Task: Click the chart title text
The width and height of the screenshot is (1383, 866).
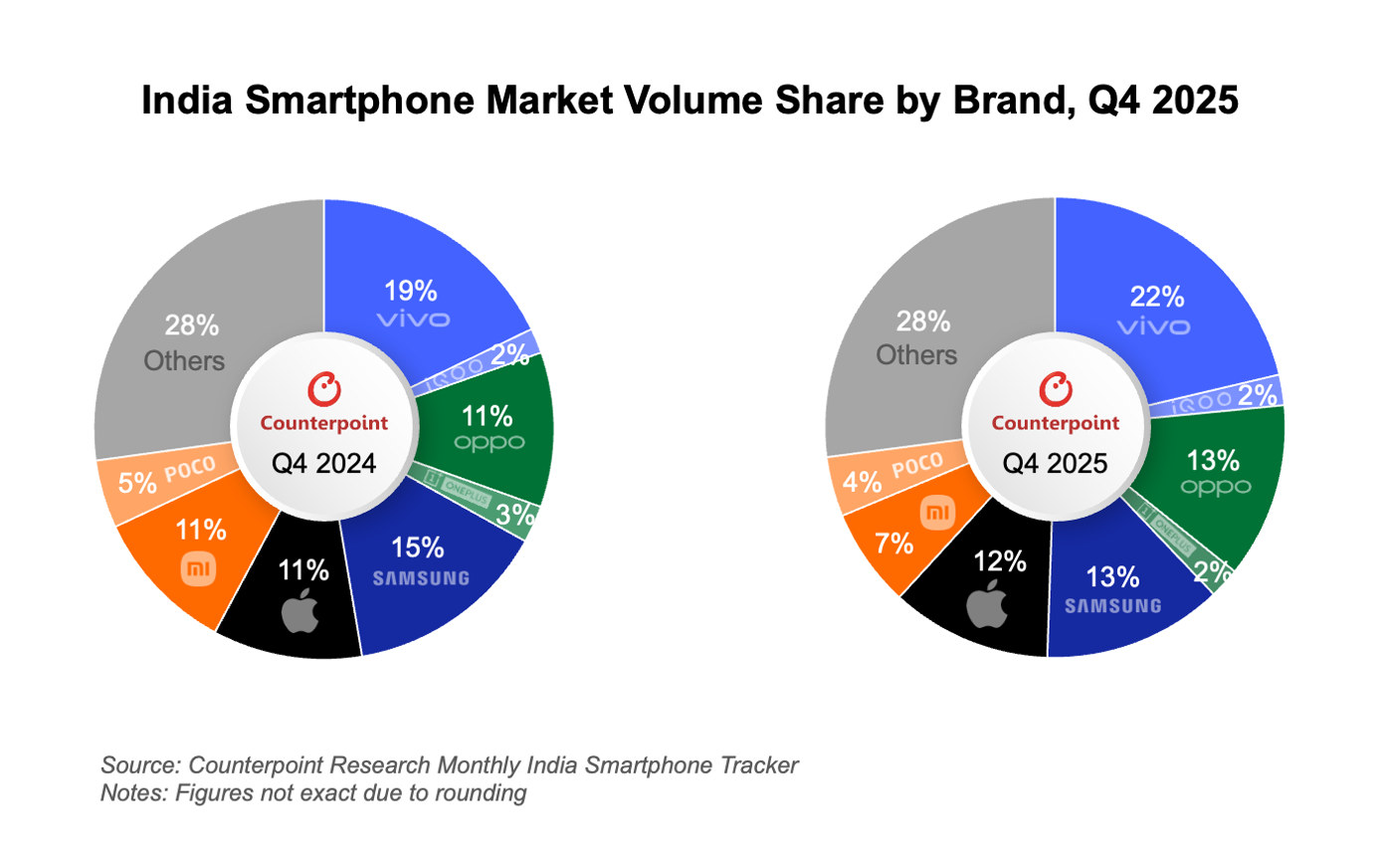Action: coord(690,102)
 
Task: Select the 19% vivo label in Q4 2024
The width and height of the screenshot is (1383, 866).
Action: coord(411,292)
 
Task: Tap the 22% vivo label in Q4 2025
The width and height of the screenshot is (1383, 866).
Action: coord(1156,297)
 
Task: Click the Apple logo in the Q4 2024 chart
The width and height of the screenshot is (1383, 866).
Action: coord(300,610)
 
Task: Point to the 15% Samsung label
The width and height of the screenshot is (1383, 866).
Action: coord(418,548)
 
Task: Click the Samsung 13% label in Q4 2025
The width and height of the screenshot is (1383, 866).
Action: coord(1112,577)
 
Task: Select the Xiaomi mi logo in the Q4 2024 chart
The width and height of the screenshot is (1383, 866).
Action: coord(198,569)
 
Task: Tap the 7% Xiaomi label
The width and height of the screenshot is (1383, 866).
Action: coord(893,543)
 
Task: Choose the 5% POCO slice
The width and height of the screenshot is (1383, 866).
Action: coord(164,478)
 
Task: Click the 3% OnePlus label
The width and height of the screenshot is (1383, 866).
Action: coord(515,516)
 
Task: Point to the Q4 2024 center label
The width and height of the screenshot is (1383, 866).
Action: coord(323,463)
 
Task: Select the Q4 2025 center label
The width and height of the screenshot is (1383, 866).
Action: coord(1055,463)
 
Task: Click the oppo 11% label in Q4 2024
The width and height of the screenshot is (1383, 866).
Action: coord(488,416)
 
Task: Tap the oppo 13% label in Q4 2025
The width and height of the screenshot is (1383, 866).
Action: coord(1213,461)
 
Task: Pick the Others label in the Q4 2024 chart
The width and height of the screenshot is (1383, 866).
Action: coord(185,360)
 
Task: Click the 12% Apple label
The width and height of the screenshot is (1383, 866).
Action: coord(999,562)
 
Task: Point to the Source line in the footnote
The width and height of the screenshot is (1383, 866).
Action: coord(449,765)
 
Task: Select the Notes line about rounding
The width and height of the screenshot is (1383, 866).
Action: coord(313,793)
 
